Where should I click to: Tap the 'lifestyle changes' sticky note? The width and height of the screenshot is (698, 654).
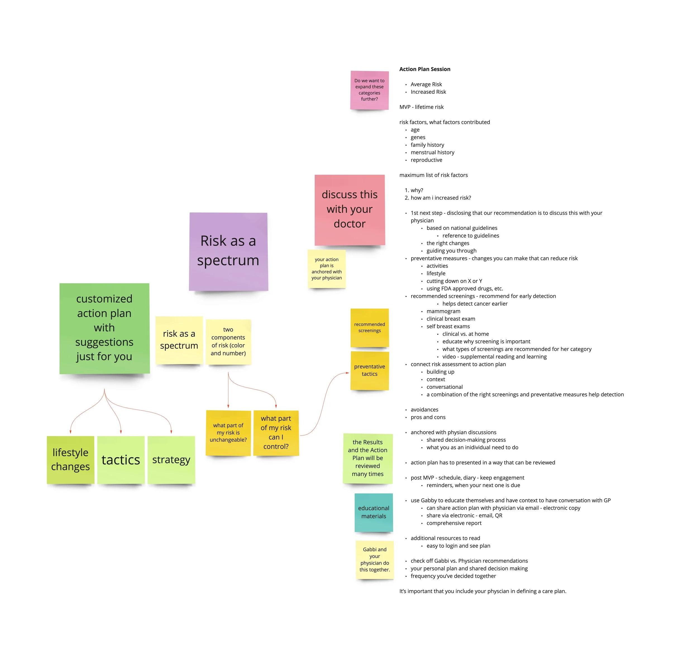[70, 459]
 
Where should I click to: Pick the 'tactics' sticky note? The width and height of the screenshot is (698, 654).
[121, 459]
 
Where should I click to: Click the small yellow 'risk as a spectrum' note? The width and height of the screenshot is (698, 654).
[179, 340]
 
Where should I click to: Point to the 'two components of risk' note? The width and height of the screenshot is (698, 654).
[228, 341]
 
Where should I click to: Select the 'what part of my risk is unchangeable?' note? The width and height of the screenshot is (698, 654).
[228, 432]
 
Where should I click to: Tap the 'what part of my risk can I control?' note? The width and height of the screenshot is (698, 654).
[276, 432]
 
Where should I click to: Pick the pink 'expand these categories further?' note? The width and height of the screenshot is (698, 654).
[369, 90]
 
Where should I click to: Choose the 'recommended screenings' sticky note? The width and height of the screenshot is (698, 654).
[369, 327]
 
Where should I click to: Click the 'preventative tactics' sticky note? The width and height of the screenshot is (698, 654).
[369, 370]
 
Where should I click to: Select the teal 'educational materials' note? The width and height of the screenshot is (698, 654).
[374, 512]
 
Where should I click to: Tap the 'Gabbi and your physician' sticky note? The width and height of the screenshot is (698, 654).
[375, 560]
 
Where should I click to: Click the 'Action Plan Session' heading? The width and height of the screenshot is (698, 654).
[424, 69]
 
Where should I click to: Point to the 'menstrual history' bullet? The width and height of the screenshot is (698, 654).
[432, 153]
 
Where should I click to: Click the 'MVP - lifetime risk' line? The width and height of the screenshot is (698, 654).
[421, 107]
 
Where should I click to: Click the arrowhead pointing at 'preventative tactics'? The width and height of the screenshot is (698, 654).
[347, 373]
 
